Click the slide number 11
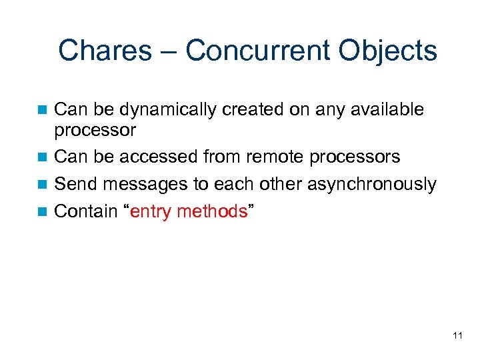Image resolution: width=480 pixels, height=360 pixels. point(457,335)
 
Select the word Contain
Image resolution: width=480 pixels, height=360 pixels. point(85,211)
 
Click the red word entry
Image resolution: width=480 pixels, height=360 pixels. point(153,212)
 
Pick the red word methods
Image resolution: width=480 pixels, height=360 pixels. point(215,211)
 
